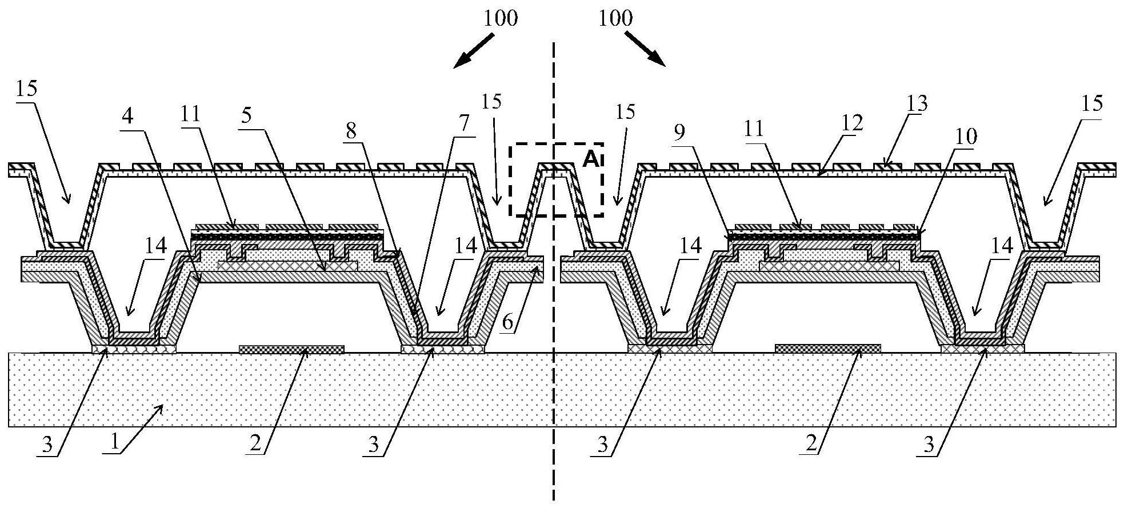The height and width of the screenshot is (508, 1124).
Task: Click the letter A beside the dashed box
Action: click(x=590, y=159)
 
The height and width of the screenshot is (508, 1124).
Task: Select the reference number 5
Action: click(x=246, y=116)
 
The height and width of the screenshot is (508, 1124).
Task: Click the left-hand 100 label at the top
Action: click(x=501, y=18)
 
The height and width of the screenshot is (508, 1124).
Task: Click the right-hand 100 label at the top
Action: click(x=615, y=18)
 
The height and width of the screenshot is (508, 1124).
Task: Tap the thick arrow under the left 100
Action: click(x=474, y=50)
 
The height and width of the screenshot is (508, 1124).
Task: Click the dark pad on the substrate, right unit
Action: click(x=827, y=349)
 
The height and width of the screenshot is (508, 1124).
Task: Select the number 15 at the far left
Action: click(x=26, y=89)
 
